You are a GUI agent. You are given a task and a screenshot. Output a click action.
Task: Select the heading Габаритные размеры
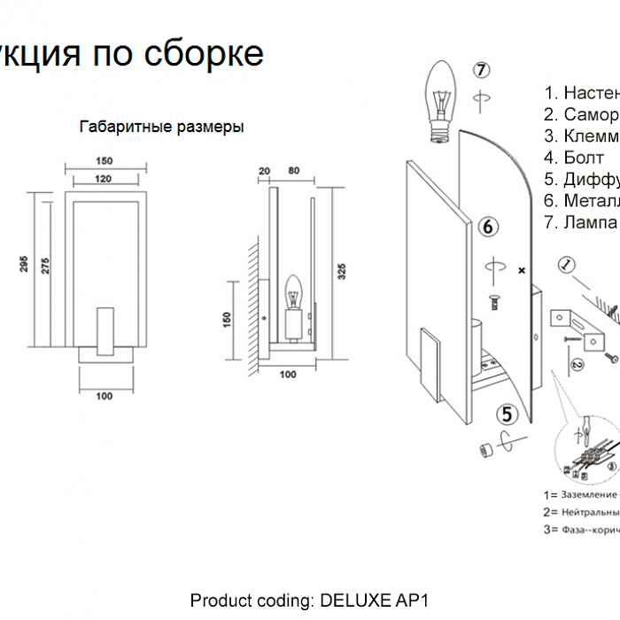click(161, 127)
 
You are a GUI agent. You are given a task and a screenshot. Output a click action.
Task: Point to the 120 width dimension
click(104, 178)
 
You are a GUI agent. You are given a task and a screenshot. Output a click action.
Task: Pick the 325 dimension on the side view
click(342, 271)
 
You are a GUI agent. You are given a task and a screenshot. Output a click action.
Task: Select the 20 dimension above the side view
click(263, 170)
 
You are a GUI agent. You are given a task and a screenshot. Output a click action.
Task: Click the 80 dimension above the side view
click(293, 170)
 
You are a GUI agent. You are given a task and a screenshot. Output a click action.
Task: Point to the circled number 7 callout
click(480, 70)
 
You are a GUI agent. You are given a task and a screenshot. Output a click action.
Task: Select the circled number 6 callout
click(487, 227)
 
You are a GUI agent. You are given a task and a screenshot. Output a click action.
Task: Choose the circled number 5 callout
click(506, 413)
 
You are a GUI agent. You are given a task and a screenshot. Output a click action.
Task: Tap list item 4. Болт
click(574, 158)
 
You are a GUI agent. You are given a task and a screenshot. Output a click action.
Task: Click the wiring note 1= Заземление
click(580, 495)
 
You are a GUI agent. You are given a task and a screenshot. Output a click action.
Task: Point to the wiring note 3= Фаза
click(580, 530)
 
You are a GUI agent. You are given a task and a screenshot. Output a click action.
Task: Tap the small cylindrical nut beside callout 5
click(485, 449)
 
